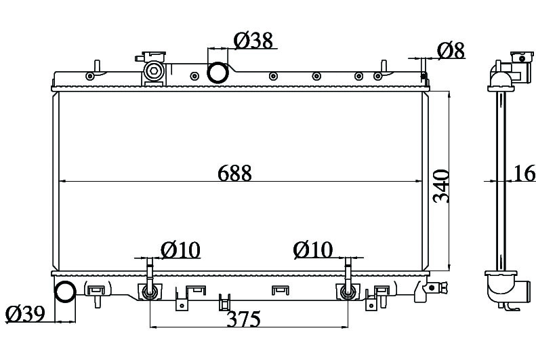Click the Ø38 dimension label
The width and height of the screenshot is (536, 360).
tap(253, 41)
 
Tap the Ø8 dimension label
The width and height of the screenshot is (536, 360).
tap(451, 51)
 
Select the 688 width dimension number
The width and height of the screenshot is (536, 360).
tap(234, 173)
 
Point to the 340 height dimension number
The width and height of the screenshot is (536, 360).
tap(441, 186)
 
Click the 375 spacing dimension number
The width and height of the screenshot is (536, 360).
tap(244, 319)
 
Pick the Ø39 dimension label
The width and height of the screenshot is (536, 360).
tap(26, 314)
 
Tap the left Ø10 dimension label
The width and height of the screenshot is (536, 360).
tap(180, 250)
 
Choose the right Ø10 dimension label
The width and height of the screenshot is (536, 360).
tap(313, 249)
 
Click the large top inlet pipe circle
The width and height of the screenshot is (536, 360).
tap(218, 73)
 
